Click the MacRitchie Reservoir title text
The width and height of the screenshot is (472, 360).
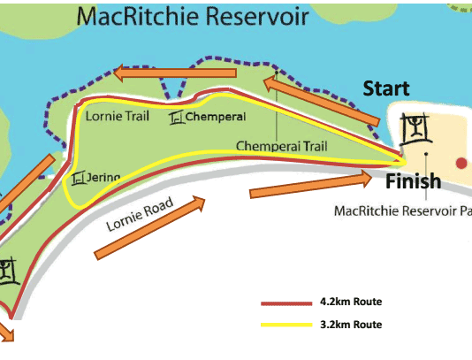[x=193, y=16]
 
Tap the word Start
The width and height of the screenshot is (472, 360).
[x=386, y=88]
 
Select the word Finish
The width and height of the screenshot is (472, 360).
[x=414, y=181]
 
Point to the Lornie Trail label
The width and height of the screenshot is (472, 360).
[x=118, y=116]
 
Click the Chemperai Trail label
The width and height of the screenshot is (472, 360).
[x=281, y=146]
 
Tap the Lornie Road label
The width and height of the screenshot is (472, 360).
[x=140, y=214]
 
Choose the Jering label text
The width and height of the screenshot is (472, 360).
[x=103, y=178]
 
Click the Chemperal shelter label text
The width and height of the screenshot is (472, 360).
[x=216, y=117]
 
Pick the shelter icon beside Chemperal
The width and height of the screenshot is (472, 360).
[x=176, y=118]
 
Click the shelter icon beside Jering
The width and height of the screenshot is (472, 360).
[x=78, y=178]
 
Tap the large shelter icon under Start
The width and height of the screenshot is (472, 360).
[x=416, y=129]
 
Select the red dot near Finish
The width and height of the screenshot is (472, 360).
[x=461, y=163]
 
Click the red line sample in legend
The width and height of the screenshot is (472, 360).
[x=286, y=303]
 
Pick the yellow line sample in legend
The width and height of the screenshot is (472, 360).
[x=286, y=325]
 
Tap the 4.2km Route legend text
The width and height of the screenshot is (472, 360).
[x=351, y=302]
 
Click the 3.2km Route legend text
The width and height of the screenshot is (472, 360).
[x=351, y=325]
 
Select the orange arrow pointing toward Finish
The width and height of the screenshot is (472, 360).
[x=311, y=185]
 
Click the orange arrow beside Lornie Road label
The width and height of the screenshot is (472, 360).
[x=149, y=227]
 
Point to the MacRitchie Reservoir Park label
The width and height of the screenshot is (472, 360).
[x=403, y=211]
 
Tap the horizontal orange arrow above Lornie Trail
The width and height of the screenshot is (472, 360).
[x=175, y=73]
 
